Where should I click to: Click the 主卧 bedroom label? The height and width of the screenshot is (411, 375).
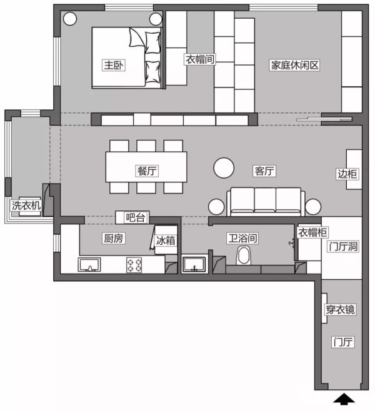113,65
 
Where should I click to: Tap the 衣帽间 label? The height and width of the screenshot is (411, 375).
200,59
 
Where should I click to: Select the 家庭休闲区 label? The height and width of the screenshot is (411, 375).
295,65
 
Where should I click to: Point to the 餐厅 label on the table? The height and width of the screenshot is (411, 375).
147,171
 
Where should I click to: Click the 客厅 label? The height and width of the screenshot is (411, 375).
264,171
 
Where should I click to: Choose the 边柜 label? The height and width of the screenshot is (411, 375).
347,174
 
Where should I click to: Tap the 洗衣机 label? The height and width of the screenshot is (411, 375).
26,205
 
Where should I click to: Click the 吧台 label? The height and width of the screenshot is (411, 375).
136,217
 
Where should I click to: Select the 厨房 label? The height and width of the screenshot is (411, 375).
114,238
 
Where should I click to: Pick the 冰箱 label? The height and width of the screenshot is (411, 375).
166,240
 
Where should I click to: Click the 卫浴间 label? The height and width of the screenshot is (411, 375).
242,238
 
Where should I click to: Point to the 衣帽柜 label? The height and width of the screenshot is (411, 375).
312,232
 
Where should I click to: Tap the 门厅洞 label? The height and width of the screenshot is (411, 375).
343,247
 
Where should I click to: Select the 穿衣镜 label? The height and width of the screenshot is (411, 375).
341,310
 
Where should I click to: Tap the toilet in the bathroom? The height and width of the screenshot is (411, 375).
244,255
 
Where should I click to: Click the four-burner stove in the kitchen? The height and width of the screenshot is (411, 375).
134,265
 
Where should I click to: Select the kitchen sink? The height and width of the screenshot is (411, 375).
89,264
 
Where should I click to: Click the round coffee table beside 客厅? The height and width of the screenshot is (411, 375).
224,168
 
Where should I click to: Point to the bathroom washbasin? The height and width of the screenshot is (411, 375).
194,264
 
